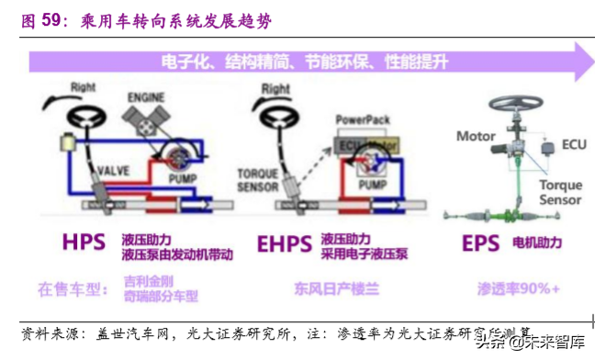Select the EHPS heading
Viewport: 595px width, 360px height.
285,245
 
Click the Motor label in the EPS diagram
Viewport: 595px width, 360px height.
476,136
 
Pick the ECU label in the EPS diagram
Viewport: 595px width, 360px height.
574,144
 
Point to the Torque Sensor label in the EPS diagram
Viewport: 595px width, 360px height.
560,192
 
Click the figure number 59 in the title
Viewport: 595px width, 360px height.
51,18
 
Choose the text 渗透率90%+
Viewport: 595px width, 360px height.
519,289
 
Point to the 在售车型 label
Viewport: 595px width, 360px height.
73,289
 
